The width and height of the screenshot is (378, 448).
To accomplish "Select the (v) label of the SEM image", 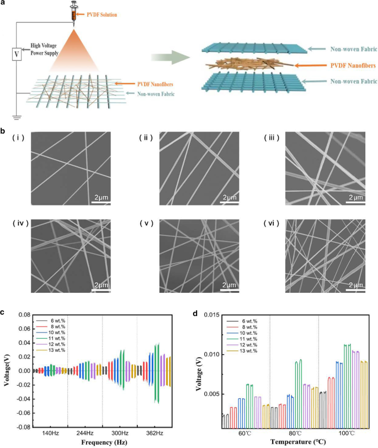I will (149, 224).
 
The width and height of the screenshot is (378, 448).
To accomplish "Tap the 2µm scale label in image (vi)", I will (353, 285).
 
